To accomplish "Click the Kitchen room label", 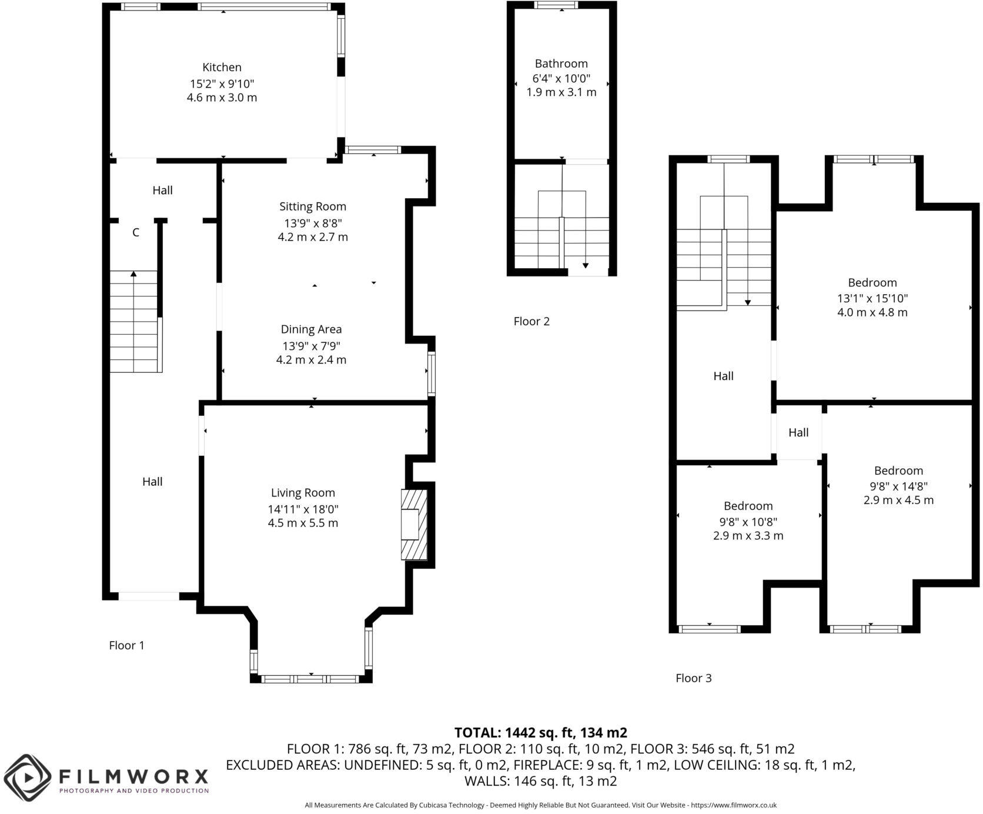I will (x=222, y=67).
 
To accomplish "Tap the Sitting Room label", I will (x=312, y=206).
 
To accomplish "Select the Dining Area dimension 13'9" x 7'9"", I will (x=311, y=345).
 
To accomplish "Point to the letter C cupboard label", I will (x=135, y=232).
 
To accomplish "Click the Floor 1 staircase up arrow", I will (x=134, y=273).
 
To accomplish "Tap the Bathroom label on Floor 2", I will (x=561, y=64).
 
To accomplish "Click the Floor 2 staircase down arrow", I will (x=585, y=265).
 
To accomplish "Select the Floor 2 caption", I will (x=531, y=321).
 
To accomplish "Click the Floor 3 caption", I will (x=693, y=678).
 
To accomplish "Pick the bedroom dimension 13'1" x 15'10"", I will (x=872, y=298).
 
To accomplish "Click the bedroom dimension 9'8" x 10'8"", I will (x=748, y=521).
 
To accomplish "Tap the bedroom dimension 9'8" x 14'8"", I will (x=898, y=486).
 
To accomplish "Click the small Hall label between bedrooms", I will (x=798, y=432).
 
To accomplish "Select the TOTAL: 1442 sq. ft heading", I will (x=540, y=732).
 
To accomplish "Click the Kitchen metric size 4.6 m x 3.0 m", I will (x=222, y=98).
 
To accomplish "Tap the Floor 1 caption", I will (x=126, y=645).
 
